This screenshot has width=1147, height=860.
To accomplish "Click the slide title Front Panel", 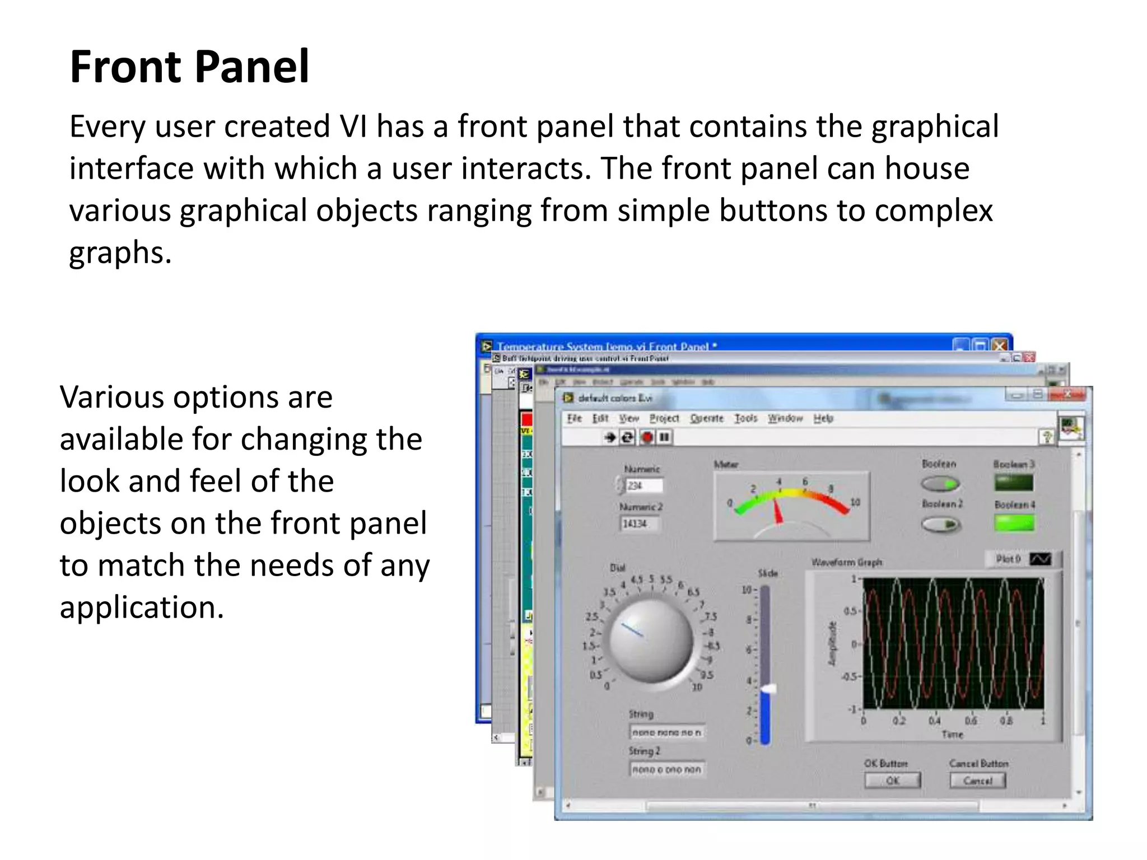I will click(189, 67).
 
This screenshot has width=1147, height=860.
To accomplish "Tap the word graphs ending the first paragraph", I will click(119, 253).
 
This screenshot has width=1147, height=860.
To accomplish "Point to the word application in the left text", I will click(142, 607).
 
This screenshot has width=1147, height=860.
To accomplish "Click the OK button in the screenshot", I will click(892, 780).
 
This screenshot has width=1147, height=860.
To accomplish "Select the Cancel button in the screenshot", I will click(977, 780).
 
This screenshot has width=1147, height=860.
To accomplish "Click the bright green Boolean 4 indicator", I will click(1014, 523).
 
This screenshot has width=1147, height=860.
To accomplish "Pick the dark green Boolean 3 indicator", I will click(1014, 483).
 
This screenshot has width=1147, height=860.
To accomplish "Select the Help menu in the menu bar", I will click(823, 418).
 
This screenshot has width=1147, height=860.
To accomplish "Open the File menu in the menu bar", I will click(574, 418).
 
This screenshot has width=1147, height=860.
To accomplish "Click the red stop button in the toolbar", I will click(647, 437).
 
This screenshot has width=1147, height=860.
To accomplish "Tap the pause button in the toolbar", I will click(664, 437).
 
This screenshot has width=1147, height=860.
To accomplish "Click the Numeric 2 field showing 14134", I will click(640, 524).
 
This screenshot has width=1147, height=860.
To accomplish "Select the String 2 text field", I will click(666, 770).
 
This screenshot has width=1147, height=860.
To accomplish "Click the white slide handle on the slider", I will click(768, 689).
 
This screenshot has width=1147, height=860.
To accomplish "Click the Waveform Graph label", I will click(846, 562).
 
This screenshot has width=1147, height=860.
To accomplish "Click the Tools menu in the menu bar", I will click(745, 418).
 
